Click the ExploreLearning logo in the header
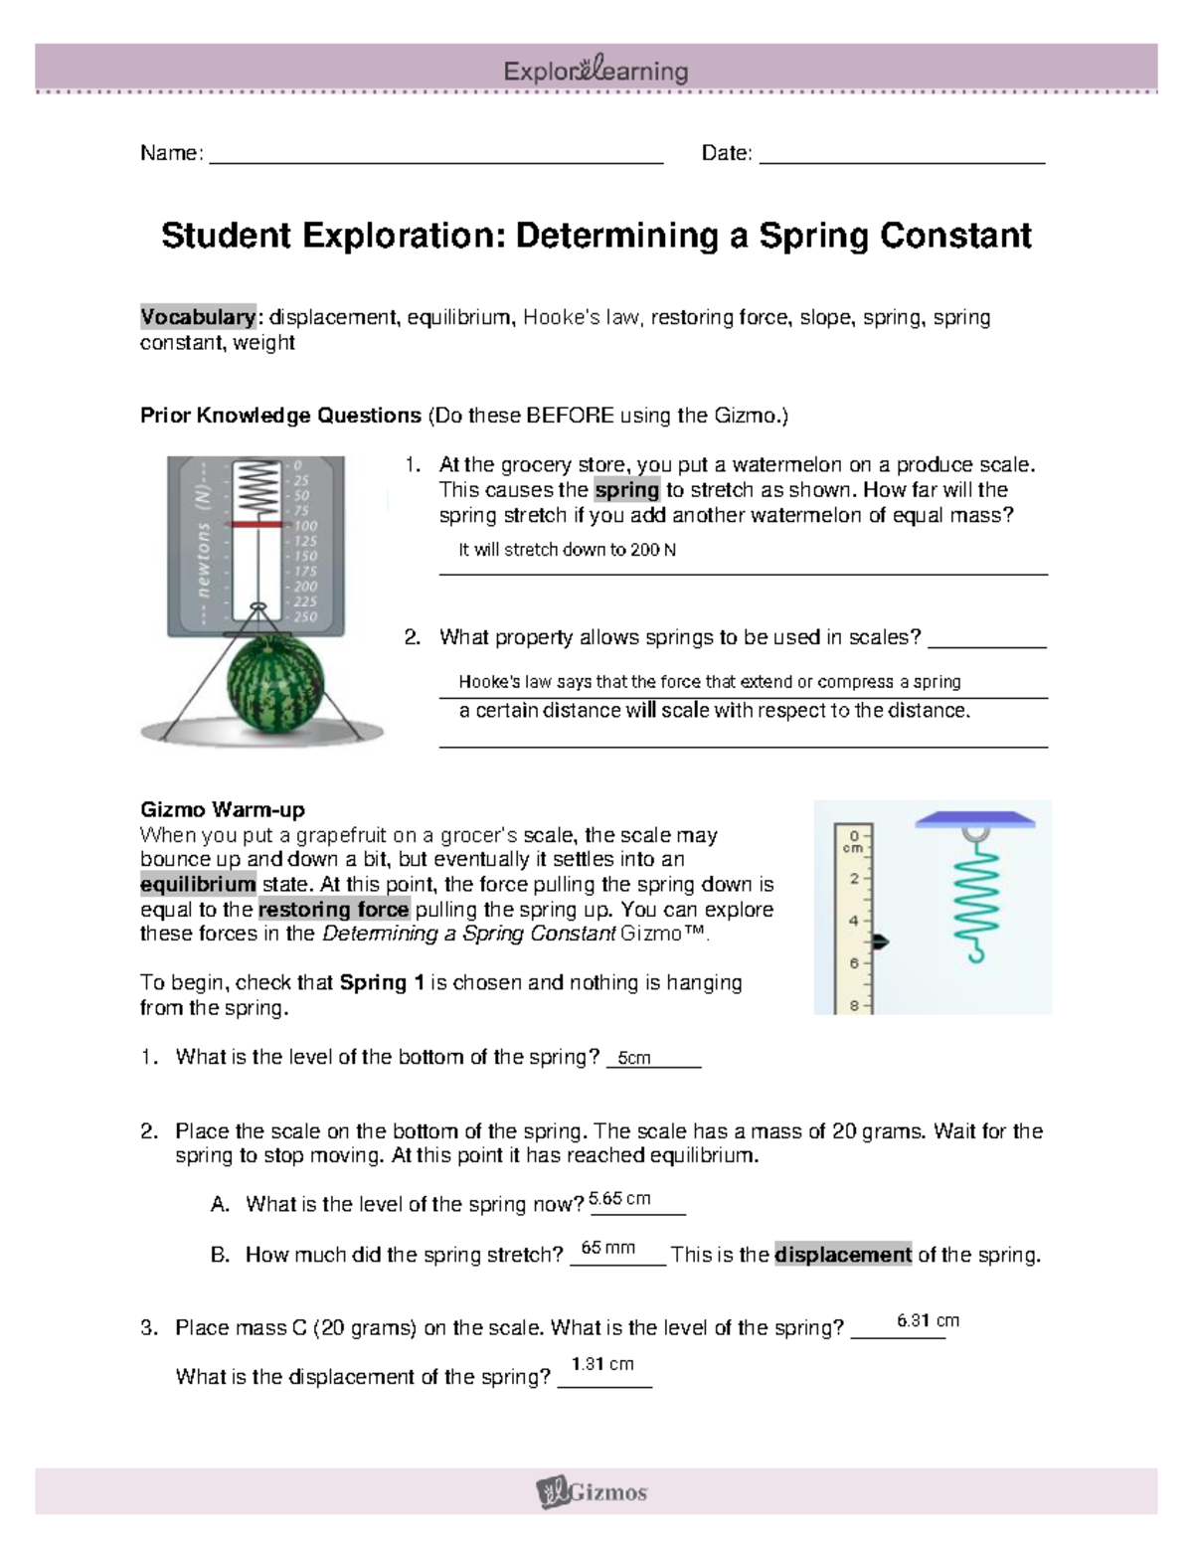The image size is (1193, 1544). pyautogui.click(x=596, y=71)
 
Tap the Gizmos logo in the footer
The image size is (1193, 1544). pyautogui.click(x=593, y=1491)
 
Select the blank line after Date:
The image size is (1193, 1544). pyautogui.click(x=902, y=154)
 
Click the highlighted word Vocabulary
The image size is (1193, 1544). pyautogui.click(x=198, y=317)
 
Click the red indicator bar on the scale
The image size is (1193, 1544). pyautogui.click(x=257, y=523)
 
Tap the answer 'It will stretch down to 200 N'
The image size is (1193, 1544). pyautogui.click(x=567, y=550)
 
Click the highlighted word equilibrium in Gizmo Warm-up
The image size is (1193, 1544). pyautogui.click(x=198, y=884)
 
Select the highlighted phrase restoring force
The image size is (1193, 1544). pyautogui.click(x=333, y=909)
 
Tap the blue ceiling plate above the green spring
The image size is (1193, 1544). pyautogui.click(x=975, y=820)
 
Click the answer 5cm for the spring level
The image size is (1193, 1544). pyautogui.click(x=634, y=1058)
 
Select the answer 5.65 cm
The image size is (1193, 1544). pyautogui.click(x=619, y=1198)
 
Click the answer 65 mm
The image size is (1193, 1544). pyautogui.click(x=607, y=1248)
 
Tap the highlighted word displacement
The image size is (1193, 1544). pyautogui.click(x=843, y=1255)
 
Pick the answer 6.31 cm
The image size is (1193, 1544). pyautogui.click(x=928, y=1320)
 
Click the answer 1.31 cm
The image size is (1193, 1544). pyautogui.click(x=602, y=1364)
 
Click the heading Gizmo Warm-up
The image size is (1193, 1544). pyautogui.click(x=222, y=809)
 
